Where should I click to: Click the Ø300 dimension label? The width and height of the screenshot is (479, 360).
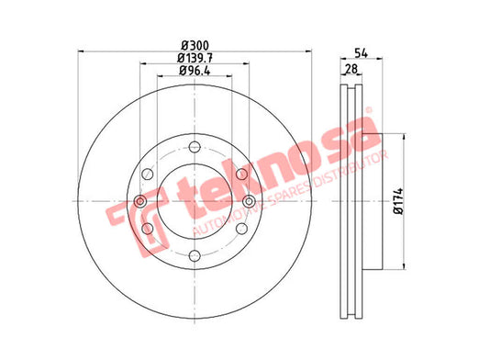click(x=195, y=46)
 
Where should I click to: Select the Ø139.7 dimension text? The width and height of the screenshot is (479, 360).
click(x=195, y=58)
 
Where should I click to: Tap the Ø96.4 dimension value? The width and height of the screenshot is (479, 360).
click(x=195, y=71)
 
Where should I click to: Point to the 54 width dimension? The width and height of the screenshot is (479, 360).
click(x=361, y=52)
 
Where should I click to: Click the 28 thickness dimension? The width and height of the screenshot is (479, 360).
click(x=351, y=69)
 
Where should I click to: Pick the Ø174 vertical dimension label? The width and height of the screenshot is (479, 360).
click(x=398, y=201)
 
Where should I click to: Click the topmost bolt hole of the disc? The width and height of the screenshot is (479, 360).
click(x=195, y=147)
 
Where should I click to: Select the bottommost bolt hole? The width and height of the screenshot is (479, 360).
click(x=195, y=255)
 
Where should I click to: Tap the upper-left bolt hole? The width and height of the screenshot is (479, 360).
click(x=148, y=174)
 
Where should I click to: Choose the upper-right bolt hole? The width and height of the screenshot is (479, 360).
click(x=241, y=174)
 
